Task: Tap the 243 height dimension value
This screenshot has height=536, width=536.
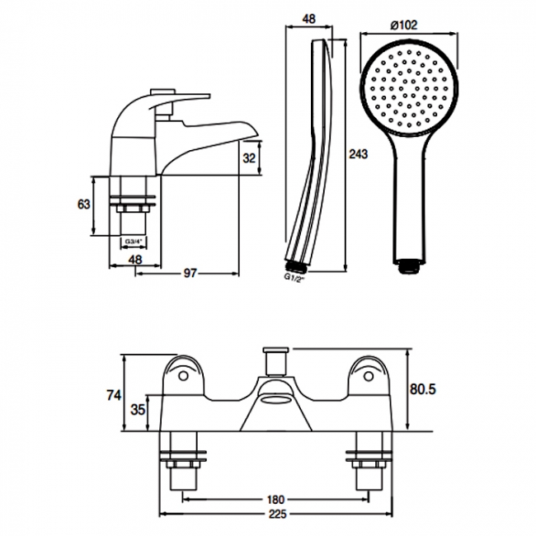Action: click(358, 154)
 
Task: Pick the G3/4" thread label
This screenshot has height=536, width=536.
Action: click(134, 242)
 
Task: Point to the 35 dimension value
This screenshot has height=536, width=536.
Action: click(139, 410)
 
